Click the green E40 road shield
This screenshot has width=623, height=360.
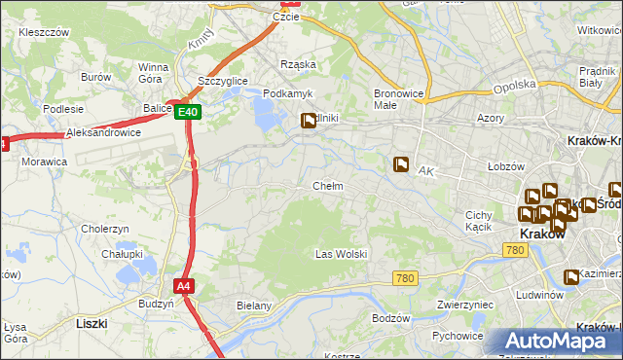click(x=190, y=113)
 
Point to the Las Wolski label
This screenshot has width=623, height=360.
click(x=341, y=254)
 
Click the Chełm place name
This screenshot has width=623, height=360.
click(x=327, y=185)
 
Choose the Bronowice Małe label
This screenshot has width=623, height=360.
click(x=398, y=100)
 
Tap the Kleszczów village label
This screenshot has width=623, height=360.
click(x=44, y=32)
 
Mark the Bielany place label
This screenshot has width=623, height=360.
click(x=253, y=306)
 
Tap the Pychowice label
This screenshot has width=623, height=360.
click(x=458, y=336)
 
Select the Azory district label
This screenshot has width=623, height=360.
click(x=491, y=117)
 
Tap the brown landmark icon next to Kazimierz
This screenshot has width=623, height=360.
click(x=571, y=276)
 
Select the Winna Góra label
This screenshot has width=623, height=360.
click(x=154, y=73)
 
